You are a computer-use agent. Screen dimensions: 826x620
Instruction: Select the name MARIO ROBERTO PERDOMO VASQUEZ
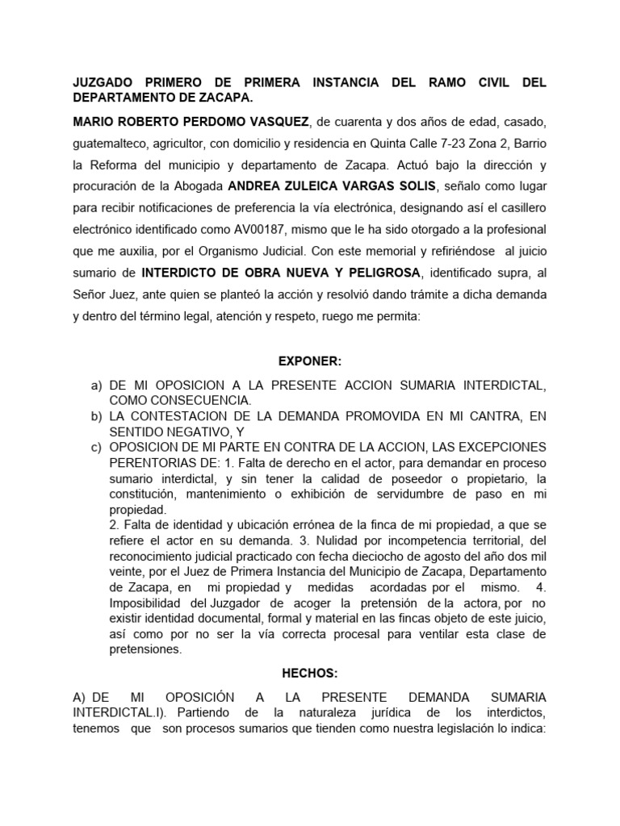point(191,122)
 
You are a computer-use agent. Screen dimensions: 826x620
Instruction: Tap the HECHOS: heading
point(309,672)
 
